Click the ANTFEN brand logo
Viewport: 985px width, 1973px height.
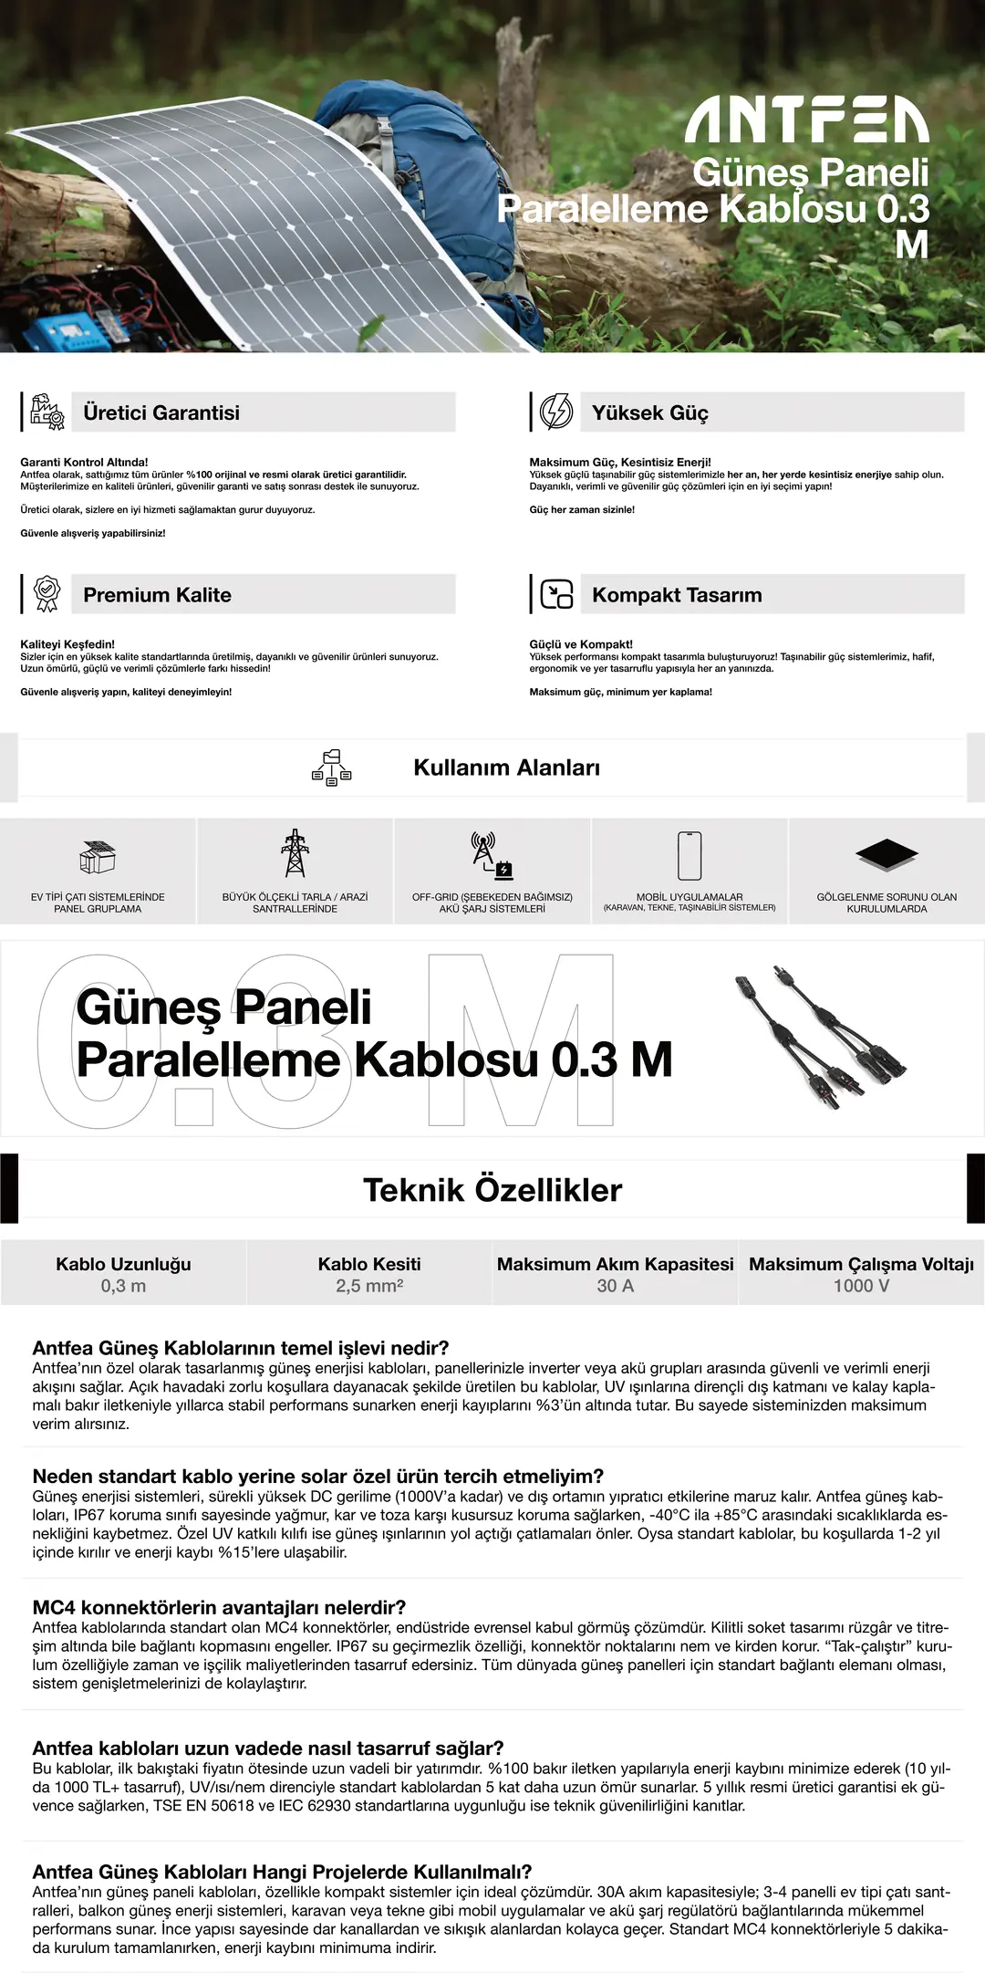click(806, 122)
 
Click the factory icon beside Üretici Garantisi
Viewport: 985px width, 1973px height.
click(47, 412)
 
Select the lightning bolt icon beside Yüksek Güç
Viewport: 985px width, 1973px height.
click(556, 412)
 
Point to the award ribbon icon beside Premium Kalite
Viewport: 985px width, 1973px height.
click(47, 594)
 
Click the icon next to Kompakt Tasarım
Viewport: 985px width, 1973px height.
click(556, 594)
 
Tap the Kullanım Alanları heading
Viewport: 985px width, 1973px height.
click(506, 767)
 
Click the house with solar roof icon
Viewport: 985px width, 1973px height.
click(98, 857)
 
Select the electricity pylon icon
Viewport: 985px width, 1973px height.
click(295, 853)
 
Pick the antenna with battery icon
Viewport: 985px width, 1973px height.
click(492, 855)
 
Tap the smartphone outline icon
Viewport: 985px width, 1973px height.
click(689, 855)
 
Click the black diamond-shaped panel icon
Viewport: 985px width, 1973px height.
click(886, 854)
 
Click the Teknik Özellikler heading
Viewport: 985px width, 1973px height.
click(493, 1190)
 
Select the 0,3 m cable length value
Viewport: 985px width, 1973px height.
click(123, 1286)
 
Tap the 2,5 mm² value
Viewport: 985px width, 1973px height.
click(369, 1286)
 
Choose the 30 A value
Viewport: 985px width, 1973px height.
click(615, 1286)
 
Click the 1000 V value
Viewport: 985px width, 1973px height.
click(861, 1286)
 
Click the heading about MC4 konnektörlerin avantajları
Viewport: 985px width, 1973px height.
click(219, 1607)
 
